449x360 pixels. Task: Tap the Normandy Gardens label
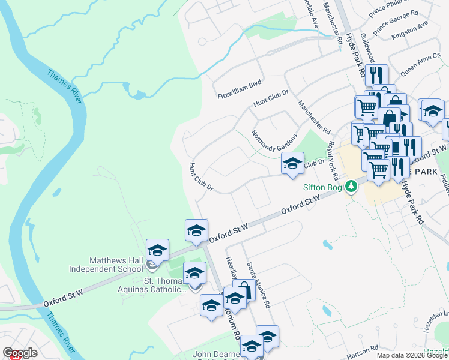pos(274,141)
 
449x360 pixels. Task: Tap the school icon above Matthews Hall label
pos(157,251)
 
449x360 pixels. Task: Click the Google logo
pos(20,353)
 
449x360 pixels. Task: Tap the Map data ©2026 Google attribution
pos(412,355)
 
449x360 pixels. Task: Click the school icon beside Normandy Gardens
pos(292,163)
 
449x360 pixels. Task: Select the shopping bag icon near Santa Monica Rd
pos(244,290)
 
